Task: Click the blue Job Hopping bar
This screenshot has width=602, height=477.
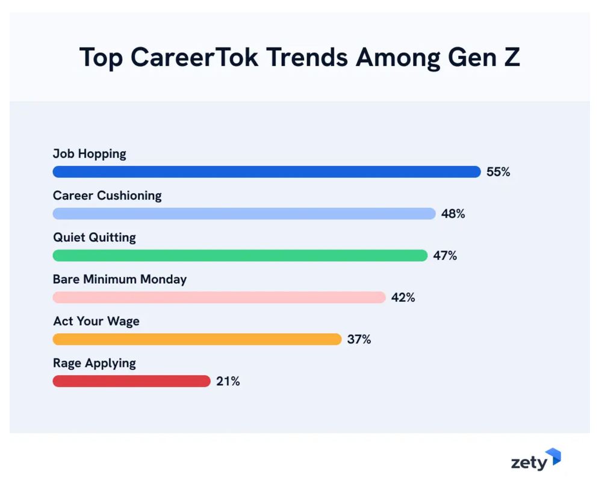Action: pos(267,172)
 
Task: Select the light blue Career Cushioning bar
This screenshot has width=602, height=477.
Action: pos(244,214)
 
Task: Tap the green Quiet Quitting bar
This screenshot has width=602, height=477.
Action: pos(240,256)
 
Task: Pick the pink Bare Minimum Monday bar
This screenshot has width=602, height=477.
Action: pos(219,297)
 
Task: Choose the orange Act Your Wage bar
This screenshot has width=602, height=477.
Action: pos(197,339)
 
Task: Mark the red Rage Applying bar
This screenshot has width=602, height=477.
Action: pos(131,381)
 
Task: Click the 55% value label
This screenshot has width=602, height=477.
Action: pos(498,172)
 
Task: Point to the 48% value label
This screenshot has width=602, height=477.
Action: pos(453,214)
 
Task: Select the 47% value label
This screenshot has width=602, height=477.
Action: pos(445,256)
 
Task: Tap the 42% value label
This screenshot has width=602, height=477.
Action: pos(403,297)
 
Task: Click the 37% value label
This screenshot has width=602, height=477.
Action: pos(359,339)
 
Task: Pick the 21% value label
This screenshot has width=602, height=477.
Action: pos(228,381)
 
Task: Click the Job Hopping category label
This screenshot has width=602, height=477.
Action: pos(90,154)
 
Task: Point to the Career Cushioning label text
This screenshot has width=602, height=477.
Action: pos(107,196)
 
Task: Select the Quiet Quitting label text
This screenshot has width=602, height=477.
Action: pos(95,238)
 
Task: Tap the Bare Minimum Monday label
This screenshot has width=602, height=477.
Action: pos(120,280)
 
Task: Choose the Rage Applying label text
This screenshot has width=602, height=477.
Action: pos(95,363)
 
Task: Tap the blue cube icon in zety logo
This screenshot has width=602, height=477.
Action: pos(553,458)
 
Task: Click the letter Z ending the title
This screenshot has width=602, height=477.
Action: pos(512,58)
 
